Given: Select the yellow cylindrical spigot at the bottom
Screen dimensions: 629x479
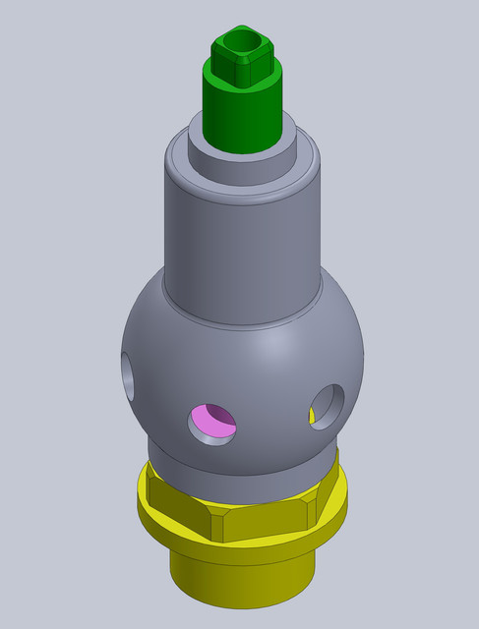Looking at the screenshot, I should [241, 580].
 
